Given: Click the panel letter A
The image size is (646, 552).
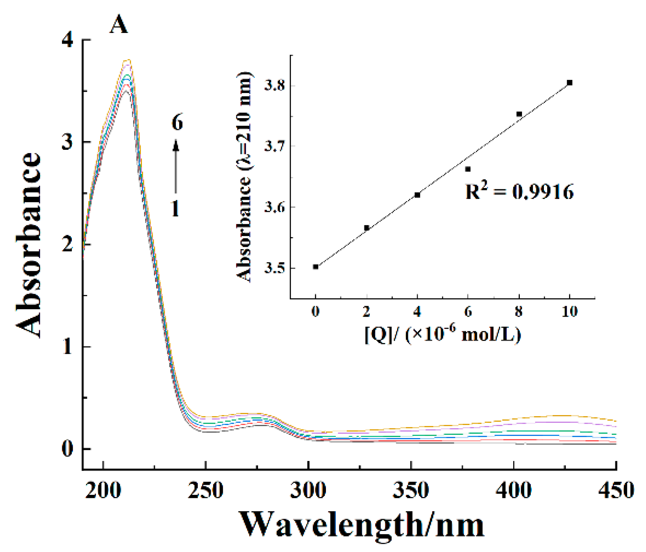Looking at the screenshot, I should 118,25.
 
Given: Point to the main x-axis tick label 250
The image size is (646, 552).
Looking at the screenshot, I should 205,490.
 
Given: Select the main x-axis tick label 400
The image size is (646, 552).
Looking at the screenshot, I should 513,490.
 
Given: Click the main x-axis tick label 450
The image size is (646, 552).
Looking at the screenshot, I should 616,490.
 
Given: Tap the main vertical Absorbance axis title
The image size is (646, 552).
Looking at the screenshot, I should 29,245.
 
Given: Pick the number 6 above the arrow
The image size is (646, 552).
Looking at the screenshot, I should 177,123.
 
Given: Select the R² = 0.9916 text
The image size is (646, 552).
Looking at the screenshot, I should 519,192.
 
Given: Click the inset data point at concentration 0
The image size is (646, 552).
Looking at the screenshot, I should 315,267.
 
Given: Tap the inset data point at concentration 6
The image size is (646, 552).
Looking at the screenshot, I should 468,169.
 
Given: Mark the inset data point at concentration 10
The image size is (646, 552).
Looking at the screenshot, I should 570,83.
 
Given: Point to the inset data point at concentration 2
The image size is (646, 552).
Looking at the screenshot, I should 366,228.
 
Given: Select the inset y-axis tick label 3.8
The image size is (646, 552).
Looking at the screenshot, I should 274,86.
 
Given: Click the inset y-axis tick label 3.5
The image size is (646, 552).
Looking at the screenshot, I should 274,268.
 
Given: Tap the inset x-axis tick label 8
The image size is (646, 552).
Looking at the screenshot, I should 518,312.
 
